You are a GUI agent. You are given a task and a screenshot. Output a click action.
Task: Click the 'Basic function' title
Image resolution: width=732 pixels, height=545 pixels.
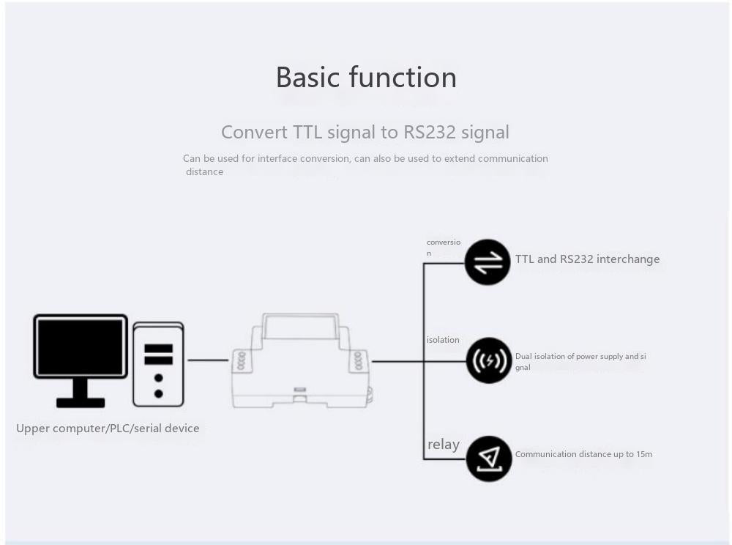pos(366,78)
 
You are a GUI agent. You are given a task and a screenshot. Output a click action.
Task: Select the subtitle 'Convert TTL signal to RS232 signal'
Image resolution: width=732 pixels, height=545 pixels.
pos(365,133)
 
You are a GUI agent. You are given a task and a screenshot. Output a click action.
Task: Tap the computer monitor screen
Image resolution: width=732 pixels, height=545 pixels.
pos(81,346)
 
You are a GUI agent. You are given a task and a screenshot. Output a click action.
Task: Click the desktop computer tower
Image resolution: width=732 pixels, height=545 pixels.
pos(158,364)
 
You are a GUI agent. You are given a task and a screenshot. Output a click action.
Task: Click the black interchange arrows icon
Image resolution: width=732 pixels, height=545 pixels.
pos(488,262)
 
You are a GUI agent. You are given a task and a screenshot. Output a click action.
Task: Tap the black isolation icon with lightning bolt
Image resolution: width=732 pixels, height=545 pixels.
pos(489,360)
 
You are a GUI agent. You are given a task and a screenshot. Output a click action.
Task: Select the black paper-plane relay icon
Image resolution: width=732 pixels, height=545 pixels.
pos(489,459)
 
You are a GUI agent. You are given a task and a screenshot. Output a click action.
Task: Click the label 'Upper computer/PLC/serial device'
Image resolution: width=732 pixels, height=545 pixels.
pos(108,429)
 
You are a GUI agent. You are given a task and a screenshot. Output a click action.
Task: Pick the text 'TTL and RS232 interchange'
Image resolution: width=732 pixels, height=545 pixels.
pos(587,259)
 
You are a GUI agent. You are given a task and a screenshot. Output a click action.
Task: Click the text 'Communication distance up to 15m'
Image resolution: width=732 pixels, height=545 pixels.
pos(583,454)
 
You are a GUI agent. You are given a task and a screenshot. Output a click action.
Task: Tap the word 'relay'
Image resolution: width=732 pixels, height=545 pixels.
pos(444,445)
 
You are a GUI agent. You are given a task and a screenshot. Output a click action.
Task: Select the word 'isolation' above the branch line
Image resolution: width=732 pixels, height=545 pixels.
pos(443,340)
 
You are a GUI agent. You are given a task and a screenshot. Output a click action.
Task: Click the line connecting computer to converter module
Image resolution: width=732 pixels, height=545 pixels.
pos(208,360)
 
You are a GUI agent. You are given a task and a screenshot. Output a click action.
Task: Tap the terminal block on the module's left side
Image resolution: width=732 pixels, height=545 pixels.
pos(239,360)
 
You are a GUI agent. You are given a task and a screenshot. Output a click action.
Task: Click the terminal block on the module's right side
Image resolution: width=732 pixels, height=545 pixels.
pos(358,360)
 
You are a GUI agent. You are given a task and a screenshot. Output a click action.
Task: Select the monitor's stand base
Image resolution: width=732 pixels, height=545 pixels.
pos(81,401)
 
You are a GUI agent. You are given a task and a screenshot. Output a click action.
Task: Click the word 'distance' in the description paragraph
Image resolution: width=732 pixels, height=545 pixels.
pos(204,172)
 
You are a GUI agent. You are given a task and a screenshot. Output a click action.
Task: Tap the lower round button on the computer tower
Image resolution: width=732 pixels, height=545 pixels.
pos(158,393)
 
